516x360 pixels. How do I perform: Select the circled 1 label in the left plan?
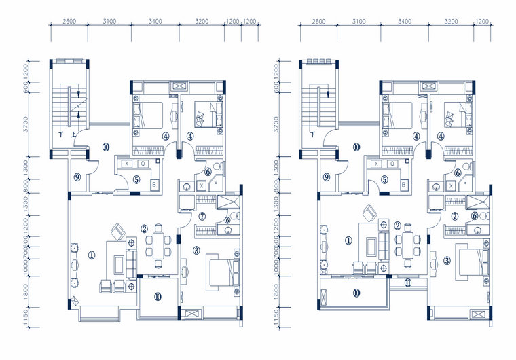[x=92, y=255]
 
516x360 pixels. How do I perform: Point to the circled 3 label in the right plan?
[x=447, y=259]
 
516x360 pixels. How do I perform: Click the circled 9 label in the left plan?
[x=78, y=177]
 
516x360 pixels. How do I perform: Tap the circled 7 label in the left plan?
[x=203, y=216]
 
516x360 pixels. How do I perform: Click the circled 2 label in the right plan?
[x=397, y=226]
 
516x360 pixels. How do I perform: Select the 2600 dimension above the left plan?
[x=69, y=22]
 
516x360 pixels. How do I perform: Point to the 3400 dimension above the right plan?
[x=405, y=22]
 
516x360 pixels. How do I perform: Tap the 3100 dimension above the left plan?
[x=109, y=22]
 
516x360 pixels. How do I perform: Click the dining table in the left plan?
[x=160, y=246]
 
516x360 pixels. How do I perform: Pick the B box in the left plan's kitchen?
[x=153, y=184]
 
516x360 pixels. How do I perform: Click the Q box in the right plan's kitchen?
[x=392, y=164]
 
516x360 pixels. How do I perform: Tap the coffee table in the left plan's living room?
[x=119, y=262]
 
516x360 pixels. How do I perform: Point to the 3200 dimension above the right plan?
[x=451, y=22]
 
